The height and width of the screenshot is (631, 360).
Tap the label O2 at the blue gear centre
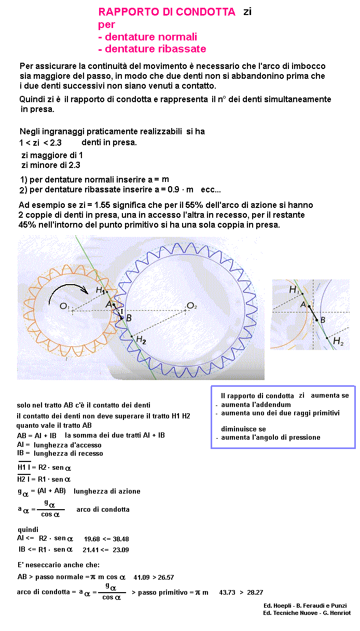(x=192, y=306)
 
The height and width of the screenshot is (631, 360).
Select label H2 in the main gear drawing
(x=141, y=341)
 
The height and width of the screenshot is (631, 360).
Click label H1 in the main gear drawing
(x=101, y=290)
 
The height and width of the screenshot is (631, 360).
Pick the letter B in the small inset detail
(x=323, y=320)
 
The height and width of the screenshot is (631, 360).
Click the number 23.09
(x=119, y=550)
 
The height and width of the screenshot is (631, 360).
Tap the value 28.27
(x=254, y=593)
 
